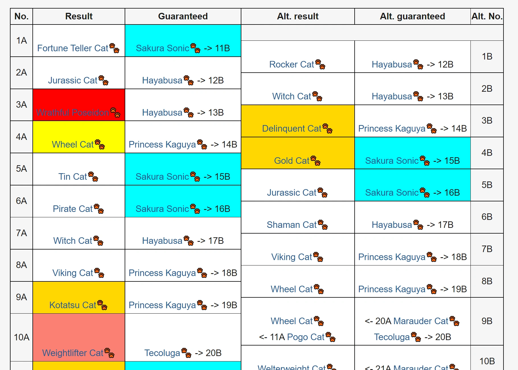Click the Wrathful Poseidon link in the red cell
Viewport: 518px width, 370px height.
[73, 113]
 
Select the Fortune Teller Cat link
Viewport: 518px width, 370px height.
[73, 48]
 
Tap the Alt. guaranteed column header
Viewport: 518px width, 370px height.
[412, 16]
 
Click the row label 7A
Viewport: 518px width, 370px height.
[21, 233]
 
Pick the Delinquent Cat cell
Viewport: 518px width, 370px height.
[297, 121]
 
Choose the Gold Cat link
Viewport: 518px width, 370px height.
[291, 161]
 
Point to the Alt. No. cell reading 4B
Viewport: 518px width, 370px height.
[487, 153]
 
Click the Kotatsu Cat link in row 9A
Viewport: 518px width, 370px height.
[73, 305]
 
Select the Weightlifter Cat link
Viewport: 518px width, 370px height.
[73, 353]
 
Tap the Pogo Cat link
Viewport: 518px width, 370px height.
[306, 337]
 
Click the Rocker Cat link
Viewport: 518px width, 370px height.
[291, 64]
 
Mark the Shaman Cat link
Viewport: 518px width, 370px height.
[291, 225]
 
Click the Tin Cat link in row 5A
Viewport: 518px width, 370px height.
[73, 177]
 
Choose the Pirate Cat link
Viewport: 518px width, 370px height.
[73, 209]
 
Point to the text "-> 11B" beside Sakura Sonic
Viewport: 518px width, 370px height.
[217, 48]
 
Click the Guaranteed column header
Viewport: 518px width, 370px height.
[183, 16]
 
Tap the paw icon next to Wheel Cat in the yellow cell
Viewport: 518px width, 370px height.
[100, 144]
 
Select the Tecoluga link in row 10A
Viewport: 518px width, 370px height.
[162, 353]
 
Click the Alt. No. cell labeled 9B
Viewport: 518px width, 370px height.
[487, 321]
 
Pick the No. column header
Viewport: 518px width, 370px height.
[21, 16]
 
